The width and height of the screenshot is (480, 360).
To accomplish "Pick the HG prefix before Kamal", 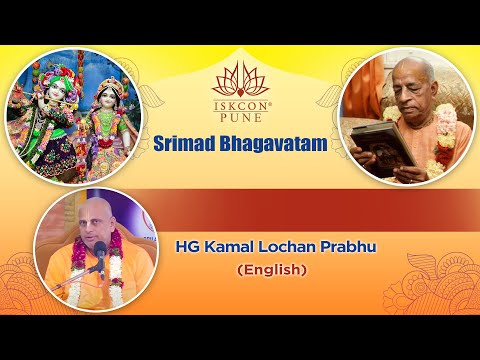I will coord(190,245).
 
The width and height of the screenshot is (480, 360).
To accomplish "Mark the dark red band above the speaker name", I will coord(320,206).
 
